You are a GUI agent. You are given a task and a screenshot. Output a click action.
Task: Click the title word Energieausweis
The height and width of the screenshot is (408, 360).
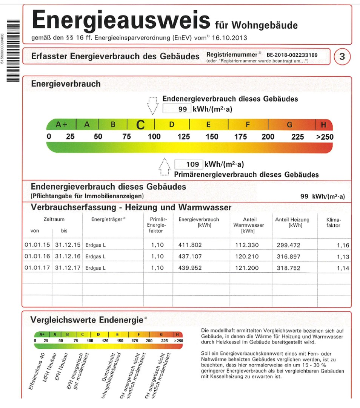tap(121, 20)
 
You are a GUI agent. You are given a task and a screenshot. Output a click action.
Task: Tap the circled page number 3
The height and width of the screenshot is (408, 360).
tap(342, 57)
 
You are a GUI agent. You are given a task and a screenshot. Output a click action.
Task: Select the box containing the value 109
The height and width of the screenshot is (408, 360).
tap(189, 164)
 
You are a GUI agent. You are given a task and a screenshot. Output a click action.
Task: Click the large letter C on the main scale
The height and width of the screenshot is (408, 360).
tap(140, 125)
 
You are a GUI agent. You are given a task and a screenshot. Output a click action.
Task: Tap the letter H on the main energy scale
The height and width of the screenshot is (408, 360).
tap(323, 125)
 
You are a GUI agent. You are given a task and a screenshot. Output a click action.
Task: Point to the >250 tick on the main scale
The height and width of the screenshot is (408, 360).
tap(325, 137)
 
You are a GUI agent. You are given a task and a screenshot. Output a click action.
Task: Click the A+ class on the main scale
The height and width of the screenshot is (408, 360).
tap(61, 125)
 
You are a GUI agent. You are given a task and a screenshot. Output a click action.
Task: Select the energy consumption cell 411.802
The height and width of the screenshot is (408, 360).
tap(190, 245)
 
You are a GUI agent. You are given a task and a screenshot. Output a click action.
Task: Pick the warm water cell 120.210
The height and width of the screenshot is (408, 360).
tap(247, 257)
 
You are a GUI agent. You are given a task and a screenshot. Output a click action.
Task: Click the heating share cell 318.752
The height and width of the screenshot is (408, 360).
tap(289, 268)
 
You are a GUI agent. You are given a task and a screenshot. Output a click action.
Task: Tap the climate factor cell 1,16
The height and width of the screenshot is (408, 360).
tap(343, 245)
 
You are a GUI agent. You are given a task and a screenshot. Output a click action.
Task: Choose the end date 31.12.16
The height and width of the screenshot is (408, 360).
tap(68, 257)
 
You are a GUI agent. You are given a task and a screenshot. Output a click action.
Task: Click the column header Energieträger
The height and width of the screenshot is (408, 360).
tap(107, 219)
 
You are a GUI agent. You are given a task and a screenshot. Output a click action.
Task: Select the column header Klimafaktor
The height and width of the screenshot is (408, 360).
tap(333, 223)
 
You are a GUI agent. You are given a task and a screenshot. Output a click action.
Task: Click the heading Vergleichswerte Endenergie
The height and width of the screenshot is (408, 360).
tap(86, 320)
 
